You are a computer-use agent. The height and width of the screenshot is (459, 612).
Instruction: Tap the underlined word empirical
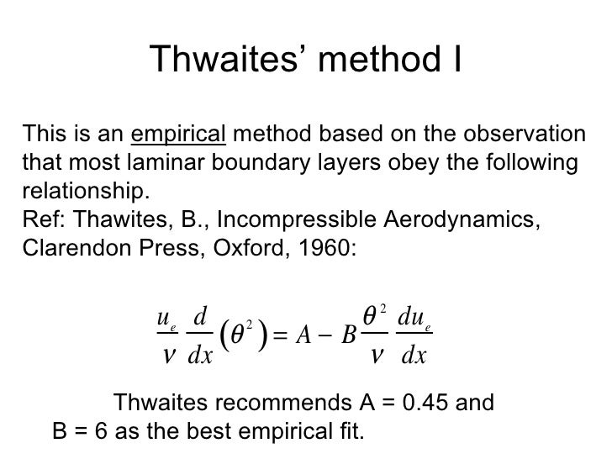179,134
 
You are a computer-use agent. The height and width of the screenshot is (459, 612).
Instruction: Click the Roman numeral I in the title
456,60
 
